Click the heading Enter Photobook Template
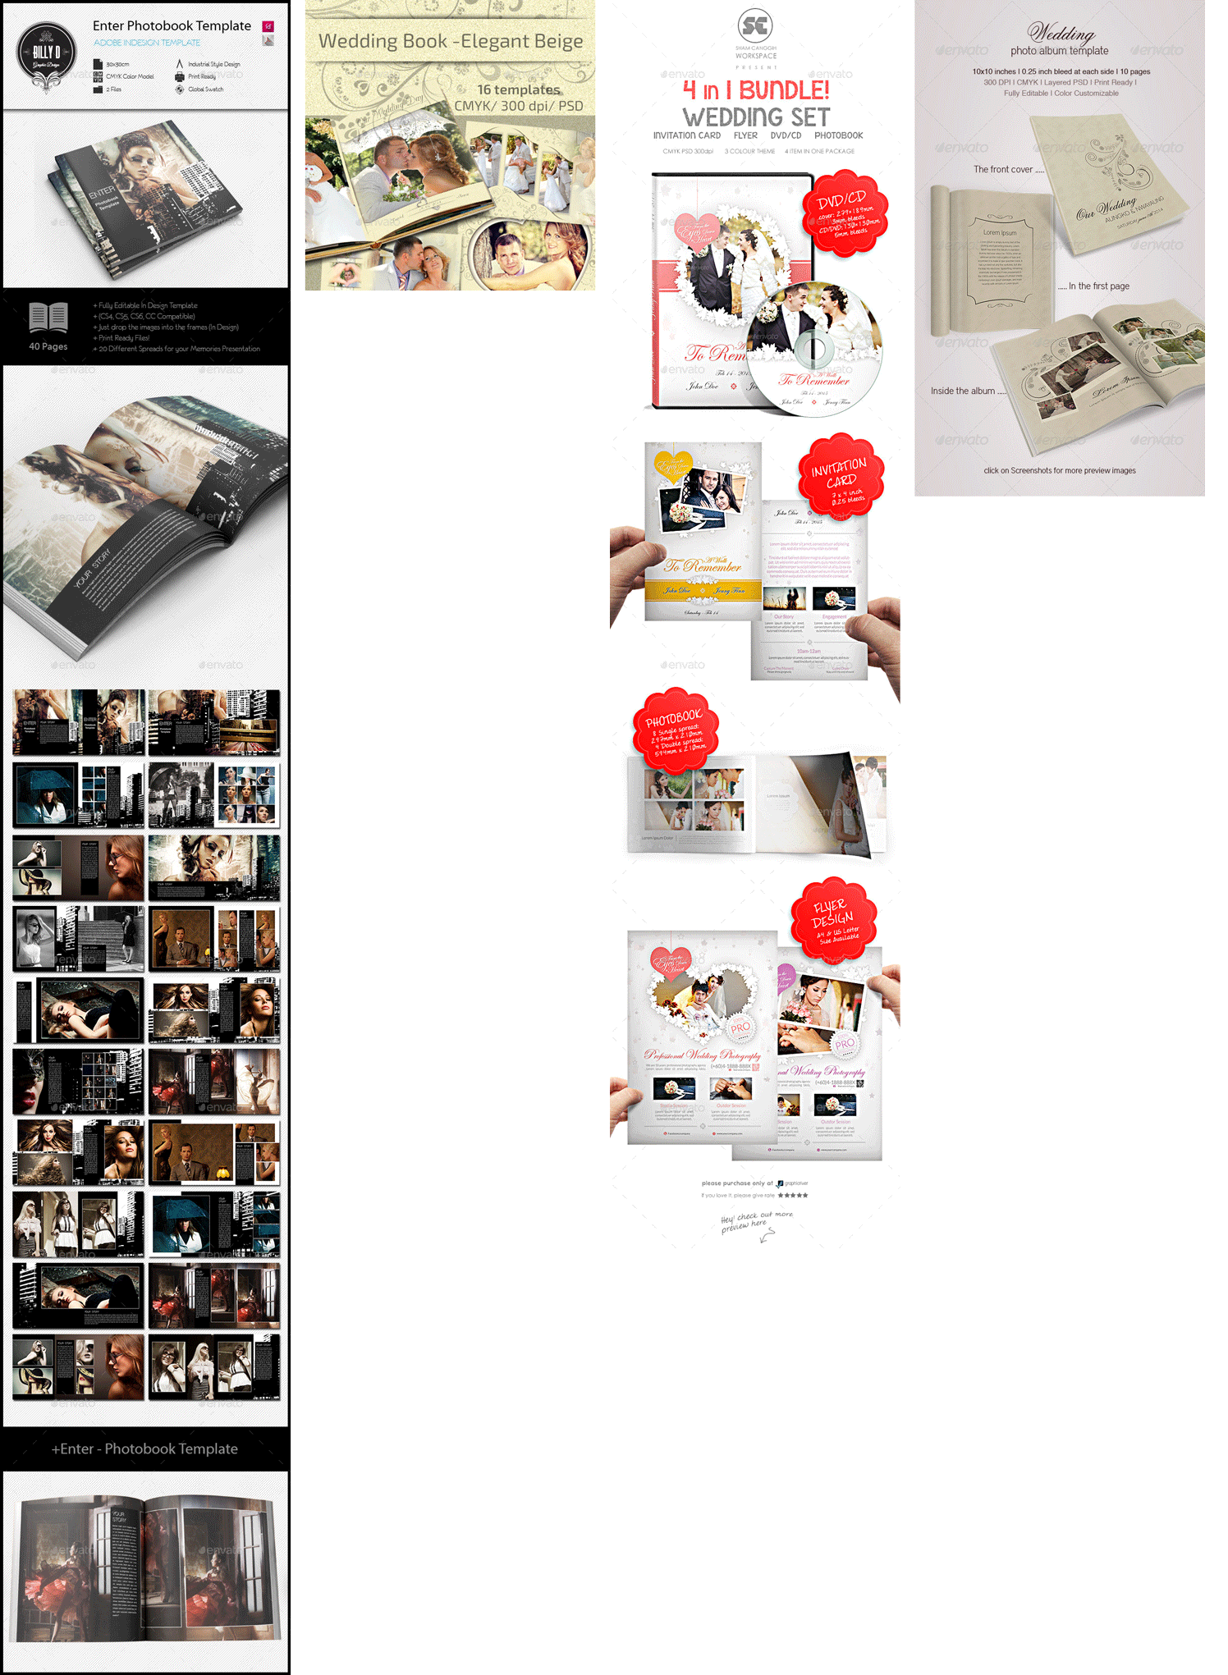coord(172,25)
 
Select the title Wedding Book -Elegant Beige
coord(451,41)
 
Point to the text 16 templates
coord(518,89)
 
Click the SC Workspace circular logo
coord(755,26)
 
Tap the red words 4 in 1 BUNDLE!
coord(756,89)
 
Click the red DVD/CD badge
coord(845,213)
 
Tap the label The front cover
coord(1003,170)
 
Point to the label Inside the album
coord(963,391)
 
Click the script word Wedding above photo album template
coord(1061,33)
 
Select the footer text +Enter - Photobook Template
coord(145,1449)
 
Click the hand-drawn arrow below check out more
coord(767,1236)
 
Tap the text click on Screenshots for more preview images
coord(1060,471)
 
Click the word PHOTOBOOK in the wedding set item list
coord(838,135)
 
